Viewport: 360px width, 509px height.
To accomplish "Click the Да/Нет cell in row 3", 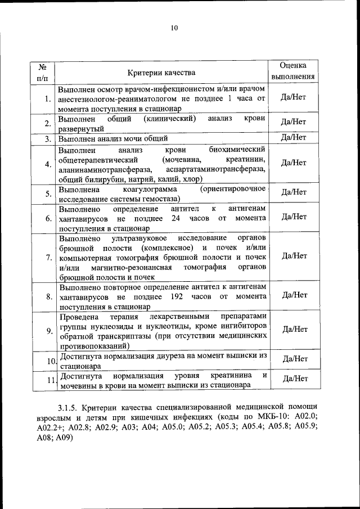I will [x=293, y=137].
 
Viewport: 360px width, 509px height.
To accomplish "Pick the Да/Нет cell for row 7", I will [x=293, y=255].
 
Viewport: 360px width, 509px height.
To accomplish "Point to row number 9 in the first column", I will [x=49, y=330].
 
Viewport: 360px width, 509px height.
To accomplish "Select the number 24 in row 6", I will [x=175, y=218].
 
